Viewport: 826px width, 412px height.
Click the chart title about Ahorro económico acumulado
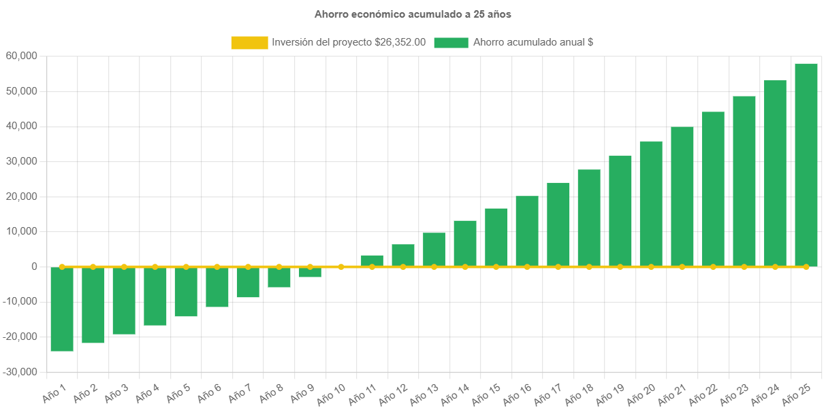tap(413, 14)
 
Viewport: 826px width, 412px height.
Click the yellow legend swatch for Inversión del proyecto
tap(249, 43)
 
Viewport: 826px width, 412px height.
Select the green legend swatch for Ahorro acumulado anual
tap(451, 43)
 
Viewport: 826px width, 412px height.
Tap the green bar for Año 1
tap(62, 309)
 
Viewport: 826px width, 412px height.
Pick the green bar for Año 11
tap(372, 260)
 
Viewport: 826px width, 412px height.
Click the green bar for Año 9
tap(310, 272)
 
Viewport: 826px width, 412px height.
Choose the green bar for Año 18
tap(589, 218)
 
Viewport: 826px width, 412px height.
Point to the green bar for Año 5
tap(186, 292)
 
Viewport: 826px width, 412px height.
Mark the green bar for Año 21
tap(682, 196)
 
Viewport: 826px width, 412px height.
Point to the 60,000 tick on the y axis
tap(20, 56)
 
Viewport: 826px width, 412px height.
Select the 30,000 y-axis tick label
tap(20, 161)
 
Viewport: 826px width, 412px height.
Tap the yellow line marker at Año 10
tap(341, 267)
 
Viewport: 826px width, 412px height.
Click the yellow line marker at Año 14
tap(465, 267)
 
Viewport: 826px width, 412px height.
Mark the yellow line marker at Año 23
tap(744, 267)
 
